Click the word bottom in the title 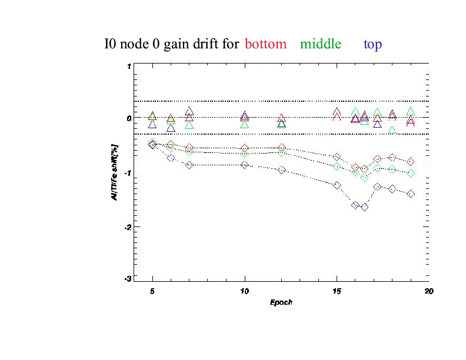266,44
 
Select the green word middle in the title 321,44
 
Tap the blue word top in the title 374,45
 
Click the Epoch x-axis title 281,303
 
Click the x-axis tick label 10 245,291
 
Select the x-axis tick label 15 337,291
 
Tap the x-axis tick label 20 429,291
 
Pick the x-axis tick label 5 153,291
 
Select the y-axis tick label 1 129,66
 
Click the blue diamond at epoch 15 337,185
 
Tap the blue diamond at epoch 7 189,165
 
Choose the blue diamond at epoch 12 282,170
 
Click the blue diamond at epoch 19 411,194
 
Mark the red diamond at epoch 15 337,157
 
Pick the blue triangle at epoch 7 189,111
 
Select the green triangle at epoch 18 392,130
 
